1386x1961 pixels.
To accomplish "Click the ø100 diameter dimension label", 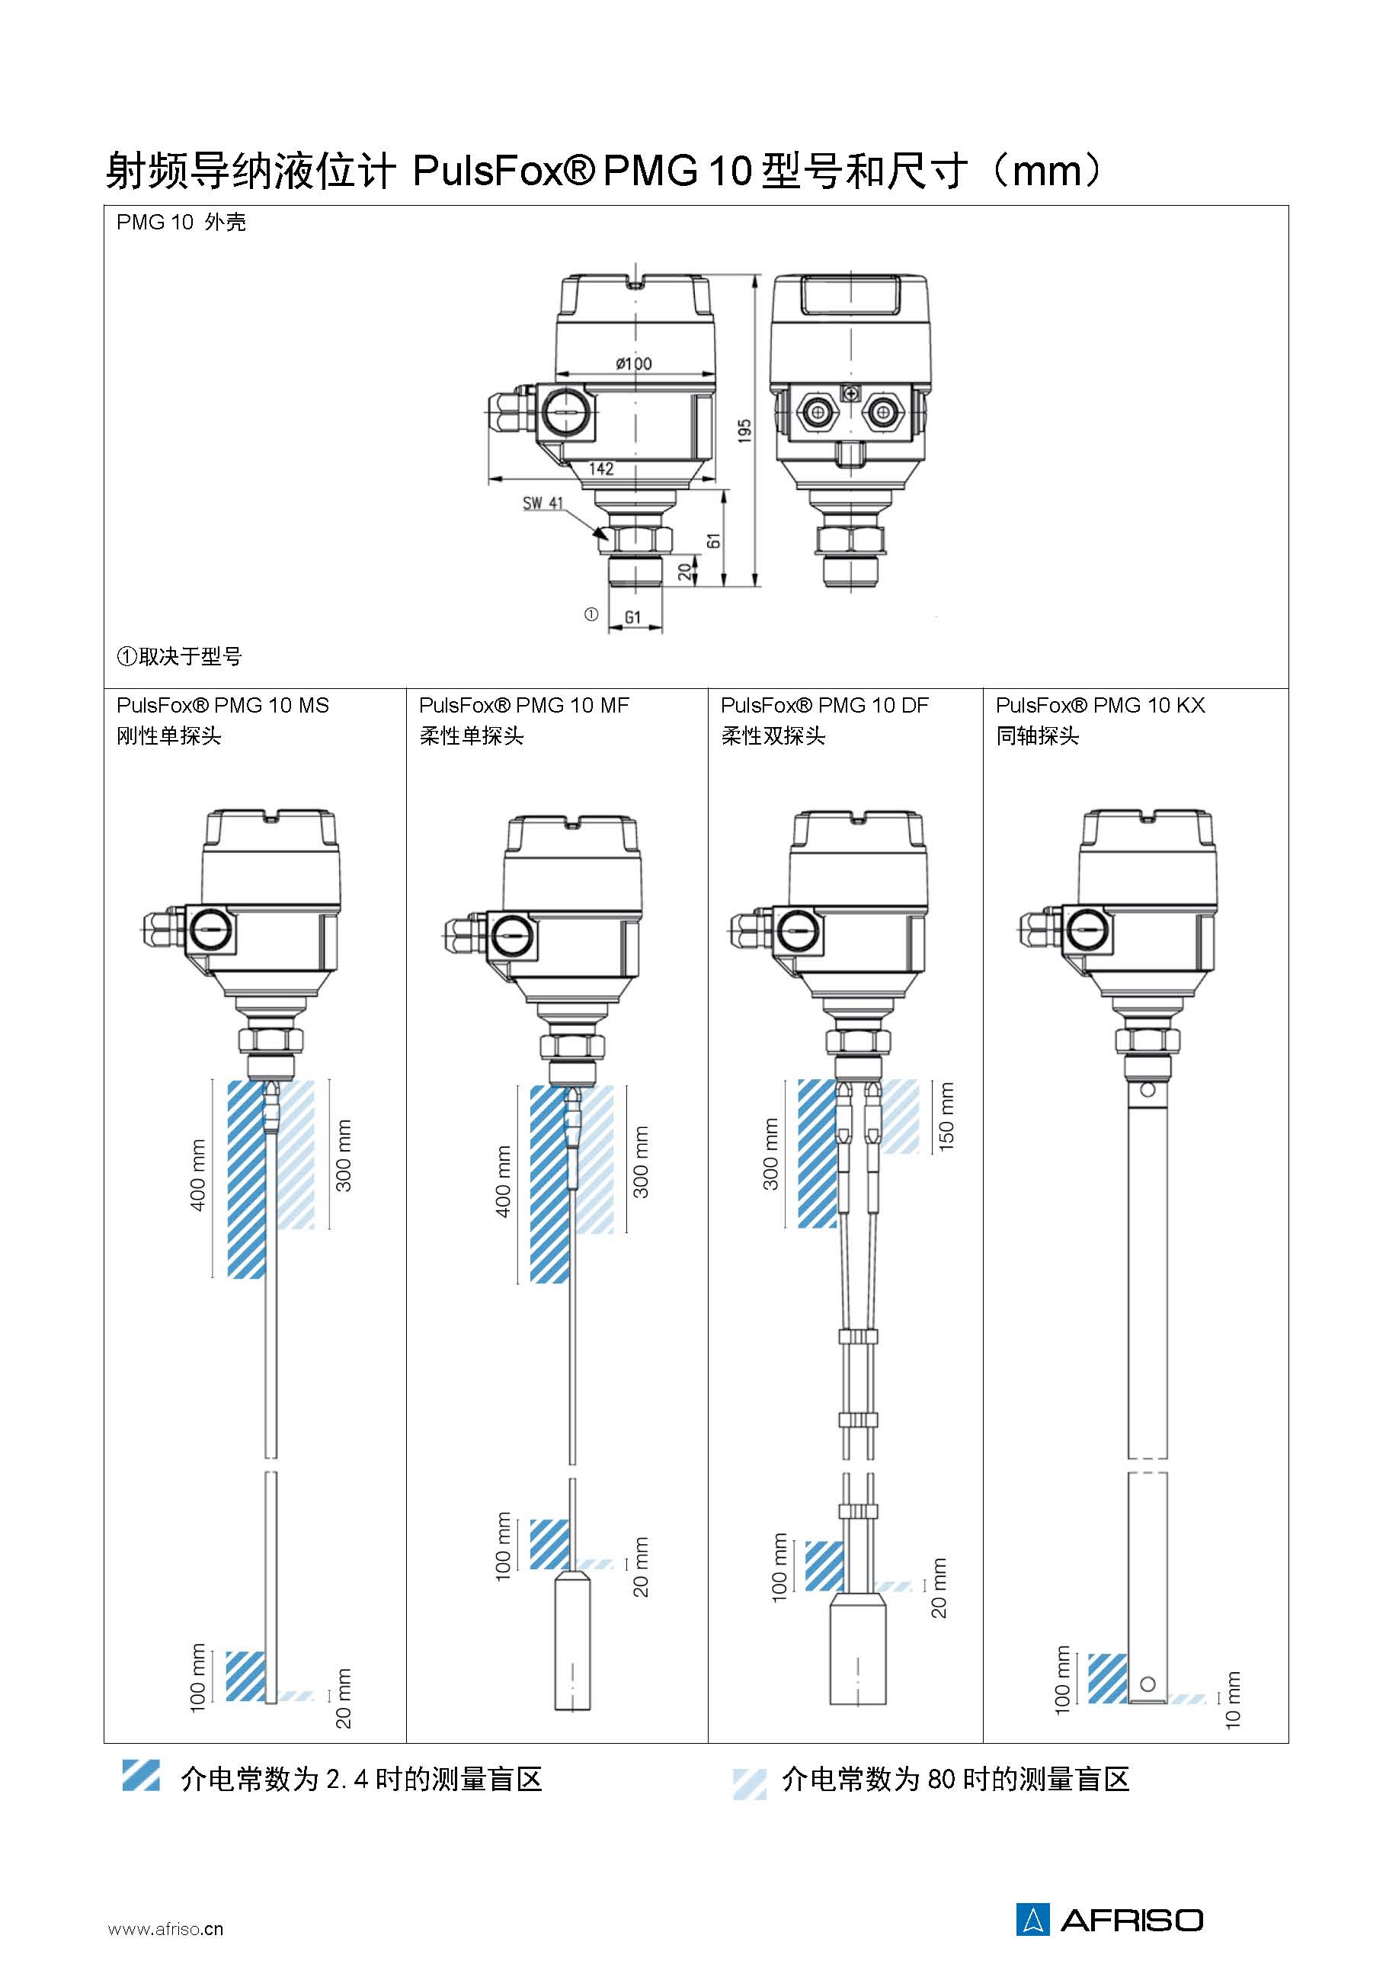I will (x=634, y=364).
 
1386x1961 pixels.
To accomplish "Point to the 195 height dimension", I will (x=744, y=430).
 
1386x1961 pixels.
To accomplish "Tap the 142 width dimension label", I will (x=601, y=468).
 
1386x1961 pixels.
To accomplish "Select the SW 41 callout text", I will (x=543, y=503).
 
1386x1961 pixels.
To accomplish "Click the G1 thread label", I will (x=632, y=617).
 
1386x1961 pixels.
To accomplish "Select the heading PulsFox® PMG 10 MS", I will (x=223, y=706).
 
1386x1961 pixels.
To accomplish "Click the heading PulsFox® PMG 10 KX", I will (x=1100, y=706).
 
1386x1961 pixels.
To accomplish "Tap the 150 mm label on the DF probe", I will (x=946, y=1116).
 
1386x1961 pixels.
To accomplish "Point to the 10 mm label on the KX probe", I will (x=1232, y=1700).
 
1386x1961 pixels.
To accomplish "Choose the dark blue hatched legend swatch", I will (x=141, y=1774).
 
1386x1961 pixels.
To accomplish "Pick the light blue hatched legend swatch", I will (x=749, y=1783).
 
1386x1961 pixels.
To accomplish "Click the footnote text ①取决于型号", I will (x=179, y=656).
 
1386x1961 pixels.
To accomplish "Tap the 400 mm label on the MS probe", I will (x=197, y=1174).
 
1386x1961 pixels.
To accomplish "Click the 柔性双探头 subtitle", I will (x=773, y=736).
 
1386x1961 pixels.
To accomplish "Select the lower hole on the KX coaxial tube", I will (x=1148, y=1684).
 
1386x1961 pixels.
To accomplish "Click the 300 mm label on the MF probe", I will (x=641, y=1162).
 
